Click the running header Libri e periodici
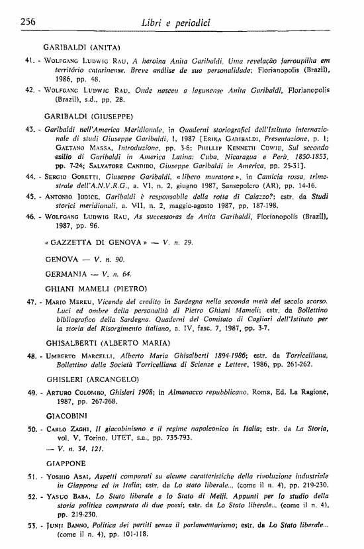coord(181,25)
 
